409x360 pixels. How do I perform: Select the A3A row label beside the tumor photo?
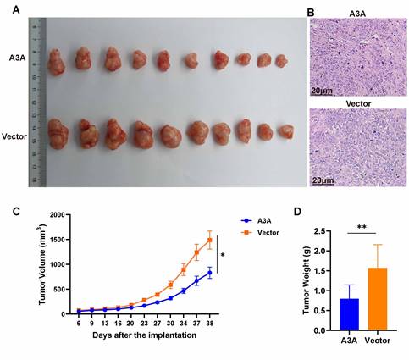point(17,57)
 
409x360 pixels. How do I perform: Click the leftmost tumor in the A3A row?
point(59,59)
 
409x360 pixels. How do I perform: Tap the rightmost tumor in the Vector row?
point(287,132)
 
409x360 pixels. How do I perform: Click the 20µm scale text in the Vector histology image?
point(323,180)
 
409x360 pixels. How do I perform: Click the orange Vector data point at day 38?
point(209,240)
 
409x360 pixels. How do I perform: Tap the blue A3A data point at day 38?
point(209,273)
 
